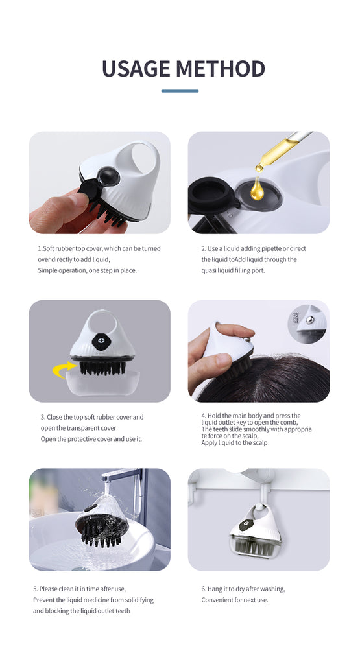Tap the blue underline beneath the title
click(x=180, y=91)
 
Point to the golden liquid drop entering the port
click(x=258, y=189)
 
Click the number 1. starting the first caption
click(x=40, y=248)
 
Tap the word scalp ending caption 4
click(x=259, y=443)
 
